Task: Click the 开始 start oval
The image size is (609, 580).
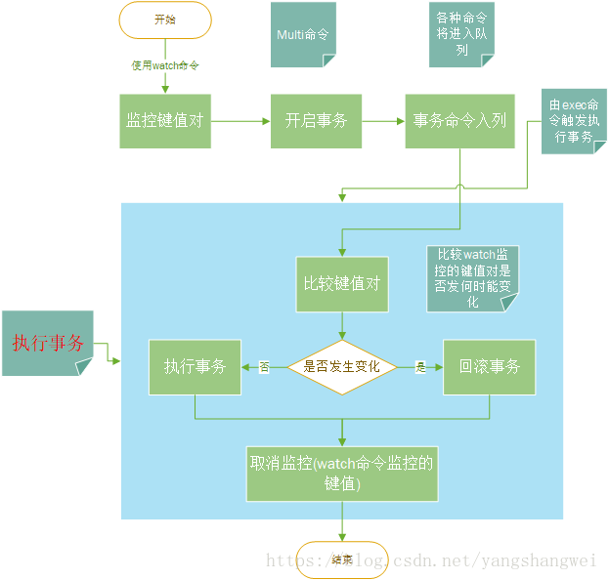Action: [x=165, y=20]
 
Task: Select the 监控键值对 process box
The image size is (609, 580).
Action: [x=165, y=121]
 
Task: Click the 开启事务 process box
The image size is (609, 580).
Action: [x=315, y=121]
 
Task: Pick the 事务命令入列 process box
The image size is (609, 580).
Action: [x=459, y=121]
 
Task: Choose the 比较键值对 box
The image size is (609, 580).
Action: [x=341, y=284]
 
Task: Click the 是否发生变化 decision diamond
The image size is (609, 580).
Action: [x=341, y=367]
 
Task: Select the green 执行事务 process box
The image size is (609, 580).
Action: [x=195, y=367]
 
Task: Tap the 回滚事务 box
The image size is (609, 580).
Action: [x=489, y=367]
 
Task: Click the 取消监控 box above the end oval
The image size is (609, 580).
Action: [x=341, y=474]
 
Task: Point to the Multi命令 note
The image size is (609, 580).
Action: [x=303, y=34]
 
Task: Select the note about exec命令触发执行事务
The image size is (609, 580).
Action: [x=574, y=120]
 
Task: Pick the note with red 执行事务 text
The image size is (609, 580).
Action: [x=48, y=343]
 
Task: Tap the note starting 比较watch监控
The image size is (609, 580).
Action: [x=471, y=277]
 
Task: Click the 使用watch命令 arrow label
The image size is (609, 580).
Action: [x=166, y=66]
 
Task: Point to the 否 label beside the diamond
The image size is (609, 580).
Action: [x=264, y=368]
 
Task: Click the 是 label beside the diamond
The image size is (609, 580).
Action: [x=422, y=368]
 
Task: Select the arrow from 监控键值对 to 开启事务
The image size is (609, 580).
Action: [x=240, y=121]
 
